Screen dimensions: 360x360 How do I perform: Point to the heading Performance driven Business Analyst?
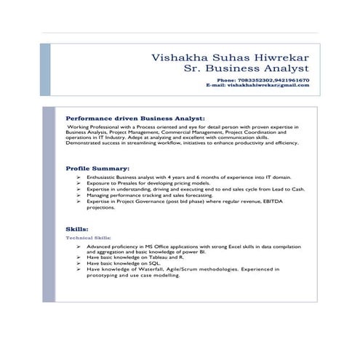[135, 116]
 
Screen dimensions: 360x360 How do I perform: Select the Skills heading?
[76, 228]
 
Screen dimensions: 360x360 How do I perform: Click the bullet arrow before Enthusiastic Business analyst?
[78, 177]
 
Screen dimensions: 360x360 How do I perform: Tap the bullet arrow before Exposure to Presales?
[78, 183]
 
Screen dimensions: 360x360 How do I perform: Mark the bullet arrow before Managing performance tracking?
[78, 195]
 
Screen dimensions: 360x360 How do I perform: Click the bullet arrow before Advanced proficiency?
[78, 246]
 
